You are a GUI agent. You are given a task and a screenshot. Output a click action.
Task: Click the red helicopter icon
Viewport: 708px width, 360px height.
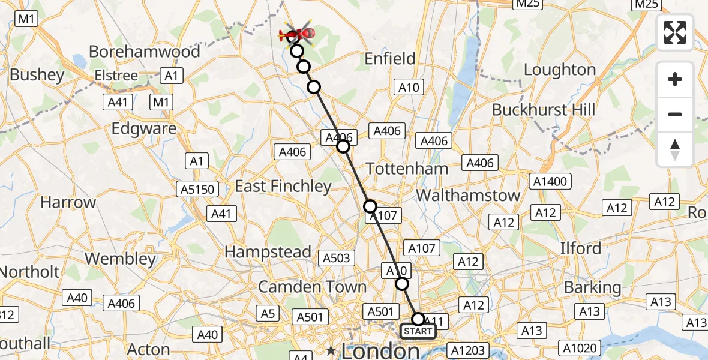(298, 35)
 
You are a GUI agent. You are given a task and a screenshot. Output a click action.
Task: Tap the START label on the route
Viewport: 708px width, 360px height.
(418, 331)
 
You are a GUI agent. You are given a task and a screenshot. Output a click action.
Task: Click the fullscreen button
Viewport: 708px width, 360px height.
(675, 32)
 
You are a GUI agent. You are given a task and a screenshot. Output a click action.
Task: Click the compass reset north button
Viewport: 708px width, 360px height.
(675, 149)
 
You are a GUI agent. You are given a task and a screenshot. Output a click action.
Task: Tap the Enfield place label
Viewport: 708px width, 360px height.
(390, 59)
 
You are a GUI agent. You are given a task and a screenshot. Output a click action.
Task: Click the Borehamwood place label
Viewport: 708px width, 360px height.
(144, 52)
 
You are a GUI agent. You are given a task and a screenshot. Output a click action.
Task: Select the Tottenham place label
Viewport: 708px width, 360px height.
(407, 169)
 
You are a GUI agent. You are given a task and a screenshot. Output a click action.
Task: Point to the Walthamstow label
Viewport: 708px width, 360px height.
(468, 195)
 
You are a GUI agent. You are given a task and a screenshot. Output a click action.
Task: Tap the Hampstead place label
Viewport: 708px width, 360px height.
(268, 252)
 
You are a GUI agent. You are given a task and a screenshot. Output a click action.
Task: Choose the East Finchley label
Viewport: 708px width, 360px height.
(283, 187)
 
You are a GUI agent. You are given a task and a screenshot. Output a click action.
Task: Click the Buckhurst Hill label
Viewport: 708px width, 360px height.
(544, 110)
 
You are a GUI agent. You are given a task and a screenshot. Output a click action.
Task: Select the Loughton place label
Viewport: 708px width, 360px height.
(560, 70)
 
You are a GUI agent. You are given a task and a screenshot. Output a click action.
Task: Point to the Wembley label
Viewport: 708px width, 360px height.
(120, 259)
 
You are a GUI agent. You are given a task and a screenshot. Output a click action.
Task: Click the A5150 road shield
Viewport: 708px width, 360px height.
(197, 190)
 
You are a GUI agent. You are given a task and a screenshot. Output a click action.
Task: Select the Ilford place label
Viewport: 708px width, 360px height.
(580, 248)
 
